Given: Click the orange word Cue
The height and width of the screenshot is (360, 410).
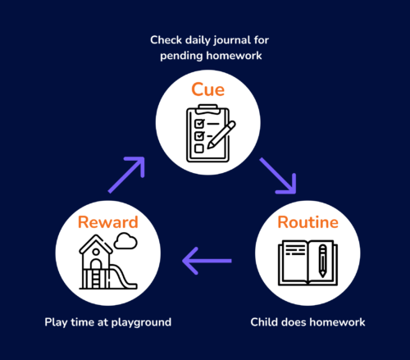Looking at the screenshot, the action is pos(207,89).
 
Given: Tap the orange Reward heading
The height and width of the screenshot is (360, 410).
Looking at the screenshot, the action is pos(108,222).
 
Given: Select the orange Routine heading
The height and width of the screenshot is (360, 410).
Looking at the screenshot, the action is pos(308,222).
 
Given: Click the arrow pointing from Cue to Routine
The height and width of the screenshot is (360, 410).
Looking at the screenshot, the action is pos(278,175).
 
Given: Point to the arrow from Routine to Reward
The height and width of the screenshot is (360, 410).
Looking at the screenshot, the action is pos(207,261).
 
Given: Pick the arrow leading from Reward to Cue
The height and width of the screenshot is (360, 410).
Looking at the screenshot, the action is pos(126,175).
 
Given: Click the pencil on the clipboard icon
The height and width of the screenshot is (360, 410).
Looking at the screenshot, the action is pos(221,135).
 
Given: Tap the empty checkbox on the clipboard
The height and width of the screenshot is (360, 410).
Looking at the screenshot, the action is pos(199,148).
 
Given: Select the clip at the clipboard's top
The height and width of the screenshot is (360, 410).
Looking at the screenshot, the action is pos(208,109).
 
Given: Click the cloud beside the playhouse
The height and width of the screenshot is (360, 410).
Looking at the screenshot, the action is pos(125,241).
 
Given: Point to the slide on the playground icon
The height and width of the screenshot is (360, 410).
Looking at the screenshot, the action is pos(122,276).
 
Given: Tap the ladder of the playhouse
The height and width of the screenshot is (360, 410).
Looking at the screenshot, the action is pos(96,279).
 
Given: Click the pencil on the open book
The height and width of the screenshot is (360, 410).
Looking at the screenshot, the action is pos(323,261).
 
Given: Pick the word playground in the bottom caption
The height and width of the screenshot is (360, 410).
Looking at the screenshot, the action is pos(141,322).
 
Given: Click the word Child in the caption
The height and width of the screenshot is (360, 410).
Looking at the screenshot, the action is pos(263,322).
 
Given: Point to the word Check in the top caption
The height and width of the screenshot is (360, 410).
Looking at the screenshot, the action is pos(166,40).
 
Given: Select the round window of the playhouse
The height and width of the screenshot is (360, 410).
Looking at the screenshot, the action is pos(96,252).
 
